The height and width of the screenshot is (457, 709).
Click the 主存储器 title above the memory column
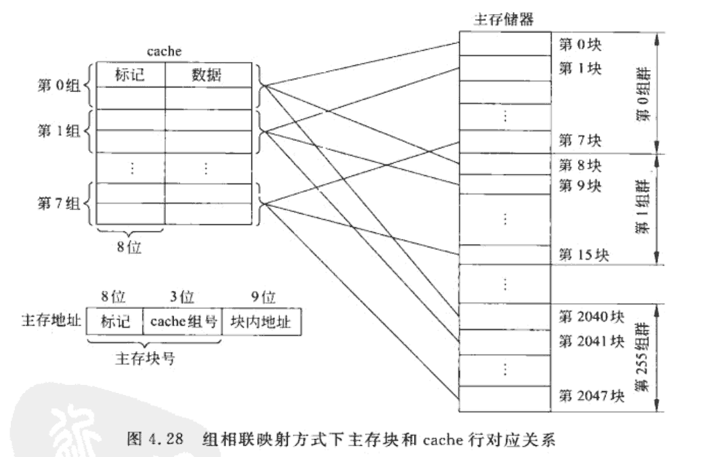(505, 20)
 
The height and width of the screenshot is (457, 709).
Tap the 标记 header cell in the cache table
(130, 75)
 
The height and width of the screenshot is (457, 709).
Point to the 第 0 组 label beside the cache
(60, 86)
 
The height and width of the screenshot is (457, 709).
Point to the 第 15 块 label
(584, 254)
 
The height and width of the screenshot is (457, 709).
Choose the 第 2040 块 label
(592, 316)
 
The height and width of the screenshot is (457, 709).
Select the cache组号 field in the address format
(182, 322)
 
